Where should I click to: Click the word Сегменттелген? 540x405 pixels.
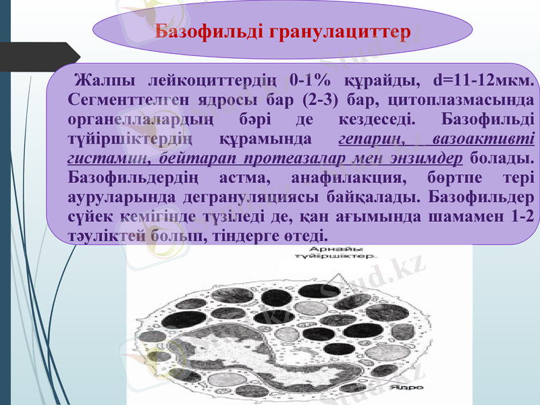click(120, 100)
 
